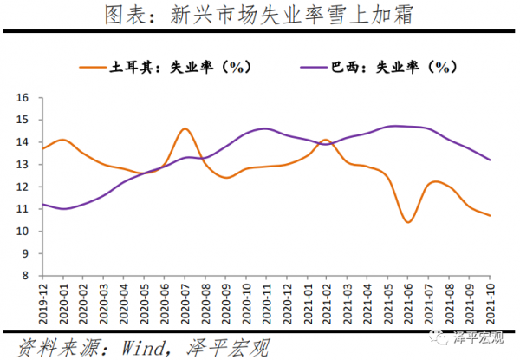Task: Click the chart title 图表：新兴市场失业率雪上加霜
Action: tap(259, 15)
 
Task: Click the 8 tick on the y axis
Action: tap(26, 276)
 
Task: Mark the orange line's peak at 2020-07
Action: tap(185, 128)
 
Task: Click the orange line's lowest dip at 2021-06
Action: tap(407, 222)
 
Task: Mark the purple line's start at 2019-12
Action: tap(43, 205)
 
